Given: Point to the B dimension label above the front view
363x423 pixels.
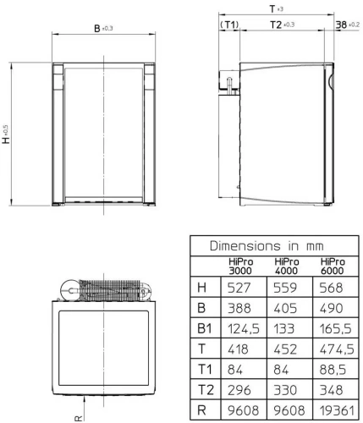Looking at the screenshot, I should [x=98, y=29].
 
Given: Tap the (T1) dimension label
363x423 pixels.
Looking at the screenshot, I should [x=228, y=25].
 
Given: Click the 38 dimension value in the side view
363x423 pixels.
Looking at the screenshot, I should [x=342, y=25].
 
